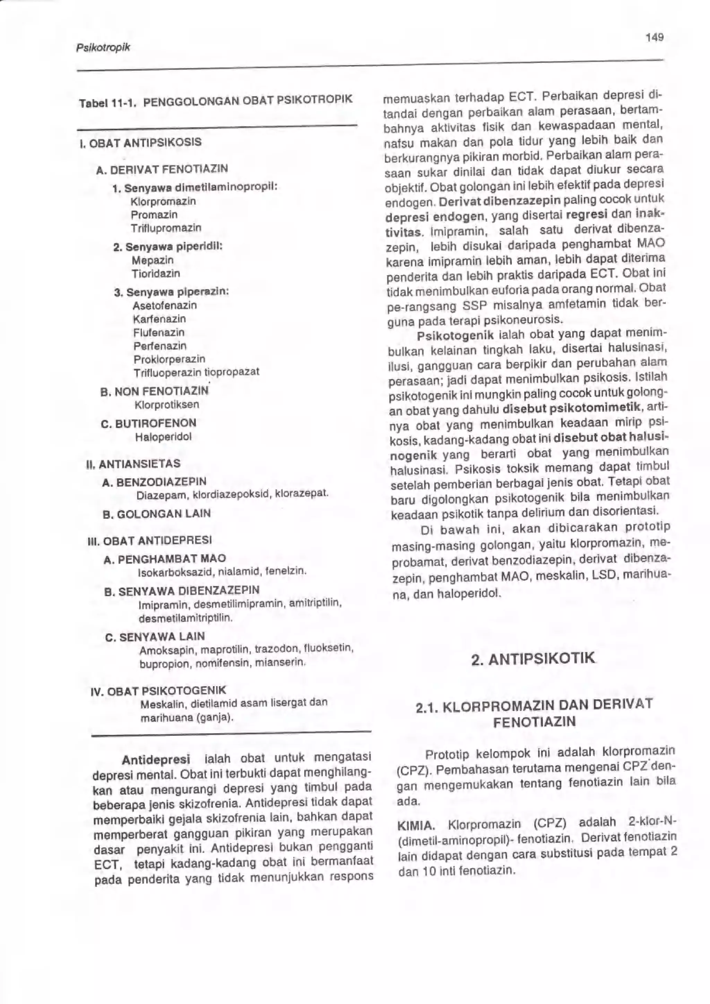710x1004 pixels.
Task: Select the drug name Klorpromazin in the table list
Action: tap(163, 202)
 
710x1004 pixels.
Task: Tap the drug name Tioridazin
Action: tap(156, 274)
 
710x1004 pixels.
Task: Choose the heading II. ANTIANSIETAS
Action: tap(134, 464)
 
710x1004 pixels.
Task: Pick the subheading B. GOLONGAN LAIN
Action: tap(156, 514)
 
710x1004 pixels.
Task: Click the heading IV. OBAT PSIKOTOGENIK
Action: tap(158, 691)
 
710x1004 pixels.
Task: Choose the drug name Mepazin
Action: tap(153, 260)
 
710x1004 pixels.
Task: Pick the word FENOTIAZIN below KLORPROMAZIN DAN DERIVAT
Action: tap(534, 722)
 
